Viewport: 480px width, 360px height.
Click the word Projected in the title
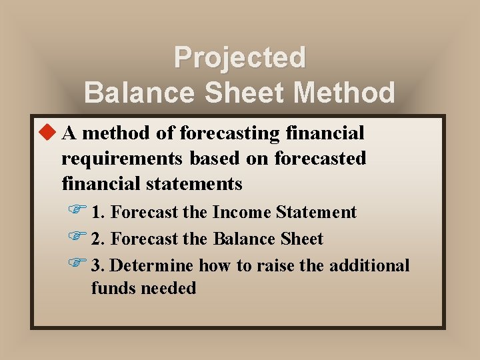239,57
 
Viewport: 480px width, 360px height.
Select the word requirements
123,159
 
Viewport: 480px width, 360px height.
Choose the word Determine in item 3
152,266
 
